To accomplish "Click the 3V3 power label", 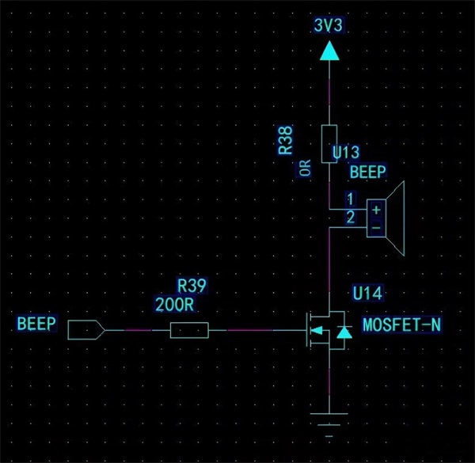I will (329, 25).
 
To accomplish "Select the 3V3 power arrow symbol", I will (329, 52).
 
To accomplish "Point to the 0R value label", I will (305, 169).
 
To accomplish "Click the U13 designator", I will (348, 151).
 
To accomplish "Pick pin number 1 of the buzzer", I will (350, 197).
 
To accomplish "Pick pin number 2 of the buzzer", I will (350, 217).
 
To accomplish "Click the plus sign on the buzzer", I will (376, 210).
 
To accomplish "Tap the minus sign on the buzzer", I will (376, 227).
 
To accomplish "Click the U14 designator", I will (367, 294).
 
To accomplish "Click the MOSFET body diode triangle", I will (342, 332).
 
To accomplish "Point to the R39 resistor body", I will (190, 330).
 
